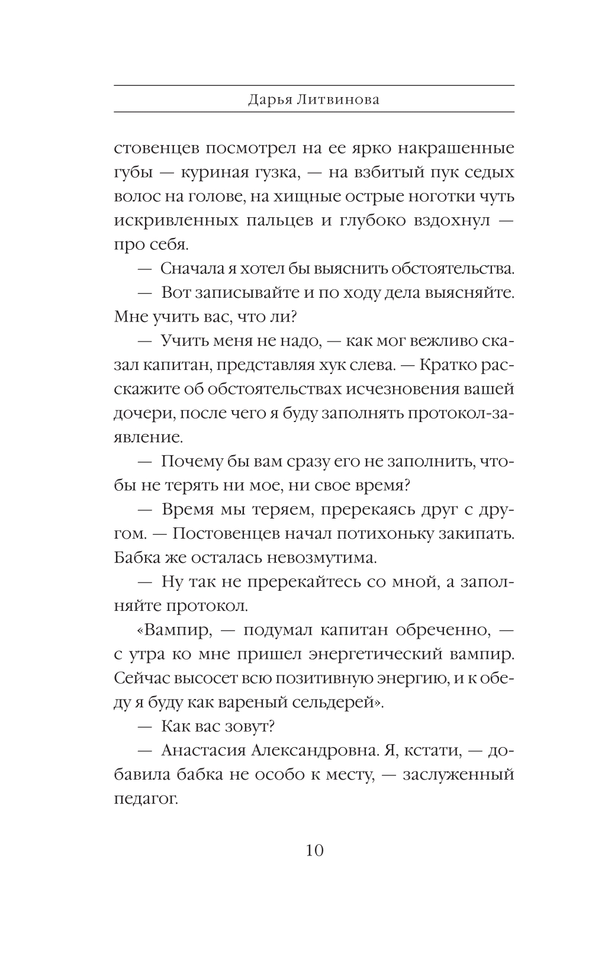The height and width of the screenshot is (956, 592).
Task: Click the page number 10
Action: [x=314, y=851]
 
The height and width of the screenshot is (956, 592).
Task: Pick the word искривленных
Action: [x=173, y=220]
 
